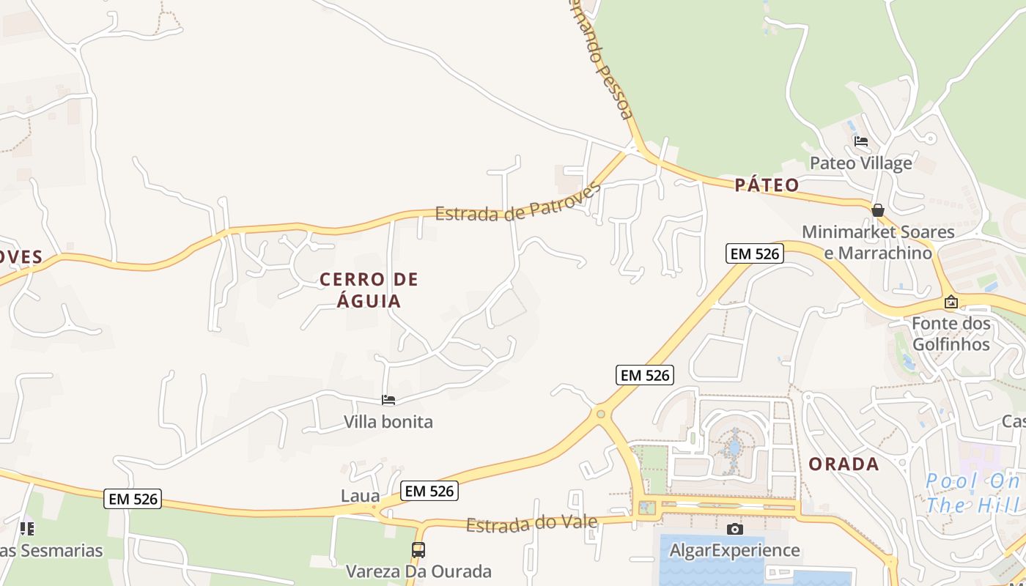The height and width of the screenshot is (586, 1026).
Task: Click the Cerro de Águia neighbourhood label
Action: click(369, 289)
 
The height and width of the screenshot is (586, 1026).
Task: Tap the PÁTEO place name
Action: click(767, 185)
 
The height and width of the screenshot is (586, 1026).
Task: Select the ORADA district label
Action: click(843, 464)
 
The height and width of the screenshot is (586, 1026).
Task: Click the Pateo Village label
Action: click(860, 163)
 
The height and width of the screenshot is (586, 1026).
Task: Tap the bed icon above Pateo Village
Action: click(860, 141)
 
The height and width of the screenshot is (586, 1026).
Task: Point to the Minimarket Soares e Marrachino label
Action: click(878, 242)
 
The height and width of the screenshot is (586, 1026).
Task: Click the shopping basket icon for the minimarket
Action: click(877, 210)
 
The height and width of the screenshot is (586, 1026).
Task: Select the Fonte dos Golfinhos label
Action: click(951, 333)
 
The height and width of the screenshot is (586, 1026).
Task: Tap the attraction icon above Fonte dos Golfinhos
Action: click(951, 301)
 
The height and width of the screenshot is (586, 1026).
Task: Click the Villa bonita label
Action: click(388, 422)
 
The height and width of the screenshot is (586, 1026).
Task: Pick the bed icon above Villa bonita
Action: click(388, 400)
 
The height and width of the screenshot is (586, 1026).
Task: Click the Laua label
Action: click(361, 496)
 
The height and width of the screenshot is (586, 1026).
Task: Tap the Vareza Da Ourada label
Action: click(418, 571)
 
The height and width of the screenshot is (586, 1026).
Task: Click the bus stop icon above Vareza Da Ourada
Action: click(418, 549)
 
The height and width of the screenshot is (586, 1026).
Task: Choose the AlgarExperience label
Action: click(734, 550)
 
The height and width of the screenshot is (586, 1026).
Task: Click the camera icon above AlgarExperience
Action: click(734, 529)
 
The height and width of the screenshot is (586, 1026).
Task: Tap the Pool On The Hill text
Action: click(973, 493)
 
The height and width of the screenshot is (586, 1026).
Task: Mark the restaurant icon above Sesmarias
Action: click(27, 528)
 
